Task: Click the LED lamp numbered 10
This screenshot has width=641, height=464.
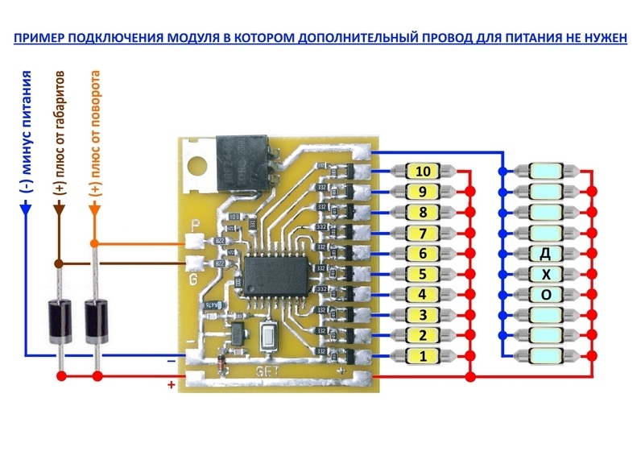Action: [x=424, y=172]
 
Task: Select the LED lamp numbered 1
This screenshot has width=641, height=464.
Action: [x=424, y=355]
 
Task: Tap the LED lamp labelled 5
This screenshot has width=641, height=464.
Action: [x=424, y=274]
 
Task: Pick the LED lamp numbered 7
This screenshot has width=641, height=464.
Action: [x=424, y=233]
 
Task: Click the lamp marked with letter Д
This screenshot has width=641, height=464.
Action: [x=547, y=253]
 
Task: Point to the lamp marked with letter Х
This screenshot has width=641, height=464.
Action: [x=547, y=274]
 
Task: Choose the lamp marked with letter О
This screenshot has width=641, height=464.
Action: [x=547, y=294]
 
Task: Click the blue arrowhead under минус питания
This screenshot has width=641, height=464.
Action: [x=25, y=208]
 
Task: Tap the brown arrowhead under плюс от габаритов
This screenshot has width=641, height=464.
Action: [x=59, y=209]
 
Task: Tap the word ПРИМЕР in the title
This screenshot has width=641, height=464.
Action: [x=41, y=38]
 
